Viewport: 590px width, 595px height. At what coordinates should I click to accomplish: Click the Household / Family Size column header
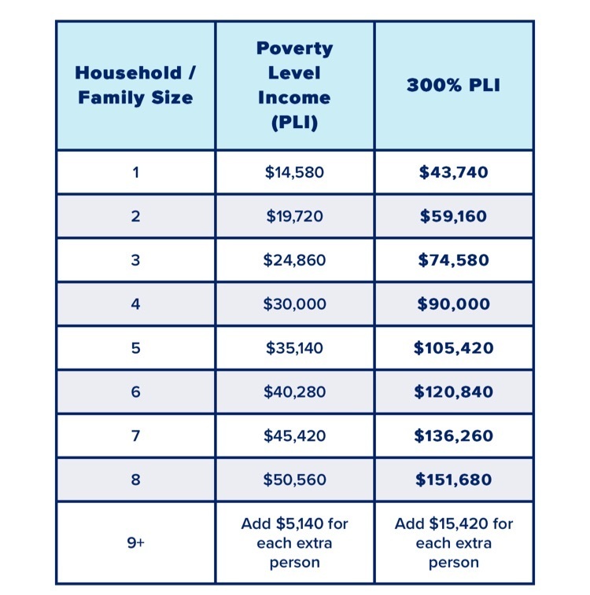(135, 85)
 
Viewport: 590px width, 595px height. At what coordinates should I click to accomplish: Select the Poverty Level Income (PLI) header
(294, 85)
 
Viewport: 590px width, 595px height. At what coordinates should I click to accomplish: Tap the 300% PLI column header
(453, 85)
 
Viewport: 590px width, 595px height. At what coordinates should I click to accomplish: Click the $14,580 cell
(294, 172)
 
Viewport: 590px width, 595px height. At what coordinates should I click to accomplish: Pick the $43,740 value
(453, 172)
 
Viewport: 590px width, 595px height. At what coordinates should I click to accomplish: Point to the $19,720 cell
(294, 216)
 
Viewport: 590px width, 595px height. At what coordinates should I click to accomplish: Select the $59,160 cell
(453, 216)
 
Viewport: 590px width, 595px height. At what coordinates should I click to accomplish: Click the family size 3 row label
(135, 260)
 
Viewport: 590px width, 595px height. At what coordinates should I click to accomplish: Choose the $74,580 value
(453, 260)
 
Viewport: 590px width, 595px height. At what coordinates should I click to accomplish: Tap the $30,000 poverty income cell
(294, 304)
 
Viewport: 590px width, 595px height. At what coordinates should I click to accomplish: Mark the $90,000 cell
(453, 304)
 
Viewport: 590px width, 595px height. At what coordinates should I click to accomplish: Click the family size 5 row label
(135, 348)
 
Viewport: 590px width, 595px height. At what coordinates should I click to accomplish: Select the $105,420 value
(453, 348)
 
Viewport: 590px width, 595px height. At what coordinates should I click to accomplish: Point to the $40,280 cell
(294, 392)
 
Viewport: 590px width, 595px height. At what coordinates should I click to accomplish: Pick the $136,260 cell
(453, 436)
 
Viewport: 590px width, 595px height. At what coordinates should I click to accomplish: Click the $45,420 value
(294, 436)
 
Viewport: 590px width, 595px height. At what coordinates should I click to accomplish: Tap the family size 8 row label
(135, 480)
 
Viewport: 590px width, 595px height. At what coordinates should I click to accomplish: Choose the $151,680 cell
(453, 480)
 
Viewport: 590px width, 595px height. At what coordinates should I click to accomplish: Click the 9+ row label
(135, 543)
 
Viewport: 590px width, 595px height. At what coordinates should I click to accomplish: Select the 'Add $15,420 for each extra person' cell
(453, 543)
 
